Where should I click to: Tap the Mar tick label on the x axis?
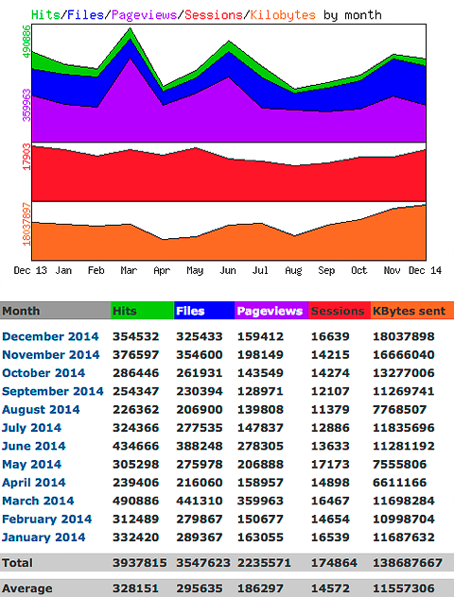[129, 270]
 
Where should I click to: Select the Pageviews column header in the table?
[270, 311]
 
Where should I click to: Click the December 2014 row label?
[50, 336]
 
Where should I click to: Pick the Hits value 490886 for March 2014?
[139, 502]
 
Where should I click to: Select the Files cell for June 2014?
[203, 447]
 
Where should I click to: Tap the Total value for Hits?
[139, 562]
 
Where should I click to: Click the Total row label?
[18, 562]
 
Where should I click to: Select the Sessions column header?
[338, 311]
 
